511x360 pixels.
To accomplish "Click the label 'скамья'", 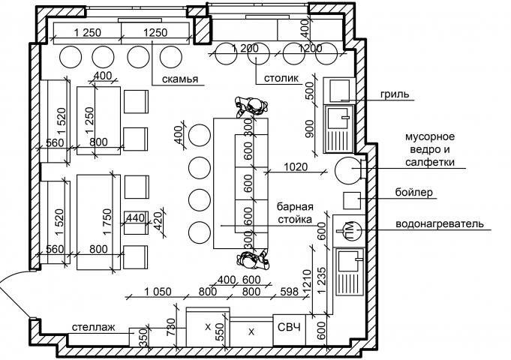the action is (x=180, y=79).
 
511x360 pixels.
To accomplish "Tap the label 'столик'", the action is (x=281, y=78).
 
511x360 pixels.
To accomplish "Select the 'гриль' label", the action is (x=395, y=94).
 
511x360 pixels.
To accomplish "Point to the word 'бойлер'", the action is (x=414, y=192).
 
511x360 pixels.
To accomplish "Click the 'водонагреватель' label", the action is (x=440, y=224).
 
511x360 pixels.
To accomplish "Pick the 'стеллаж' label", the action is (x=94, y=327).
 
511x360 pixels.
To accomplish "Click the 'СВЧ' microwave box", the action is (x=290, y=327).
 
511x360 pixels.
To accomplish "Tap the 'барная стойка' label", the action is (x=295, y=213).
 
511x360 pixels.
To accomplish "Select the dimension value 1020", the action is (x=296, y=167).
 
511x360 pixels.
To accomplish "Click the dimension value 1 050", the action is (x=158, y=292).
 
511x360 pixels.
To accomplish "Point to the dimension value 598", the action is (x=289, y=292).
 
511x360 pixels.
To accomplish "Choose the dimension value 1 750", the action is (x=107, y=222).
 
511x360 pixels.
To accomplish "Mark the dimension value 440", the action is (x=135, y=217).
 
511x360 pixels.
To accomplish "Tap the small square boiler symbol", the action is (x=352, y=201).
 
